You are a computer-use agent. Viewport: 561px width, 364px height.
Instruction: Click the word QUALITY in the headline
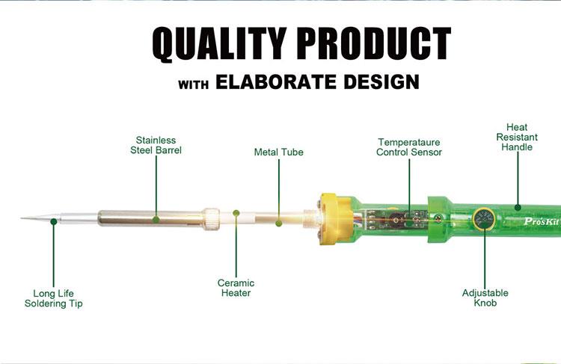219,43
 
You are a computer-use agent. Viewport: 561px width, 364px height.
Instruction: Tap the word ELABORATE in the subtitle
276,82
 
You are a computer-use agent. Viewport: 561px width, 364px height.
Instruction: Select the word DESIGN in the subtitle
381,82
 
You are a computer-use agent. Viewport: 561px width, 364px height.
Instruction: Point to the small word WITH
194,84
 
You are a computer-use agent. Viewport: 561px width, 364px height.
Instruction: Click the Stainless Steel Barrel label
156,145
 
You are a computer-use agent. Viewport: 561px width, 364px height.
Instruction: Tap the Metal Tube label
279,152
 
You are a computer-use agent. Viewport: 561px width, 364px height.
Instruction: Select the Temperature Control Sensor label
409,147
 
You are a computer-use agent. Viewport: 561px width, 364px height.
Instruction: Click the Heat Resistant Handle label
517,137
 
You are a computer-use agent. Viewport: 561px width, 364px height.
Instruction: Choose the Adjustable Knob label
485,297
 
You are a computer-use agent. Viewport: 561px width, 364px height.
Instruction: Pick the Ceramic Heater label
236,288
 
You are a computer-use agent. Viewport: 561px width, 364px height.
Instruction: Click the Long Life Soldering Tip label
53,298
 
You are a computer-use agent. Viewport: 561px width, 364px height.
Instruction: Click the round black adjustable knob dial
484,219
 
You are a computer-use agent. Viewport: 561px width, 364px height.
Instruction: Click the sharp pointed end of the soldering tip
21,218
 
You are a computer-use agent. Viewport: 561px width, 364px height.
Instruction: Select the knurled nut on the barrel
211,219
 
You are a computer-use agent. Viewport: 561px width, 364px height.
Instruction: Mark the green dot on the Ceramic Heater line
236,213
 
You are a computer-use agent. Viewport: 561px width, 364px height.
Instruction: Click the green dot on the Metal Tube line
279,223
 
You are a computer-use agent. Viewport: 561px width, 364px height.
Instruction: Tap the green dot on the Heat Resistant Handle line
518,207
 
